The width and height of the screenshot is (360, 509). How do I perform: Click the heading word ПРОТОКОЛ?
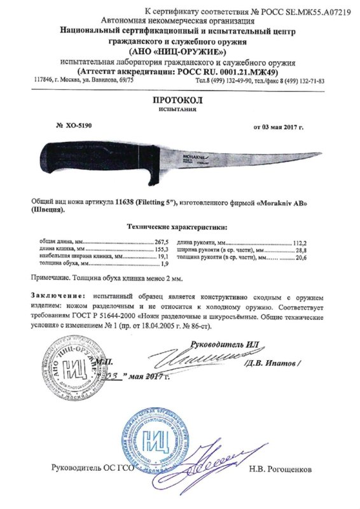point(178,101)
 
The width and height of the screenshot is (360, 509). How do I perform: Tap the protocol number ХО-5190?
point(79,127)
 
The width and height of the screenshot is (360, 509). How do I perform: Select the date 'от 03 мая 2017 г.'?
point(279,128)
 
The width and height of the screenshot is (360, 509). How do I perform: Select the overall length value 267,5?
point(165,243)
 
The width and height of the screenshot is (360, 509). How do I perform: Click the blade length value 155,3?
point(165,250)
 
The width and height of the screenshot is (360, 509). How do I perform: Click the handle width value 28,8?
point(317,250)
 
